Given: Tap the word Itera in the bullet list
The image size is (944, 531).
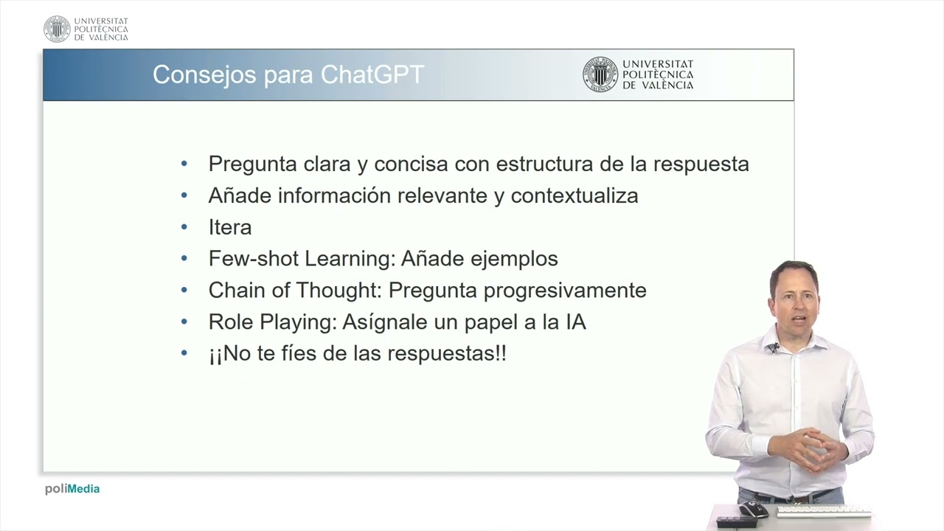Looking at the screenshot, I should (229, 227).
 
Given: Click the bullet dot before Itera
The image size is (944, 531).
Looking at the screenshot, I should (184, 227).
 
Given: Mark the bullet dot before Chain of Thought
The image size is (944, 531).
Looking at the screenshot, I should (184, 291).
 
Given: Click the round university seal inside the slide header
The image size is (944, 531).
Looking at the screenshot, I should (600, 74).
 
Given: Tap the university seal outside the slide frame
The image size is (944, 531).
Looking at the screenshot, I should (57, 29).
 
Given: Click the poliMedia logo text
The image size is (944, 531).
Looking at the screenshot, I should (72, 489).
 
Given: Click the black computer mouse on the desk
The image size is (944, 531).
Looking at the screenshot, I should (753, 508).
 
